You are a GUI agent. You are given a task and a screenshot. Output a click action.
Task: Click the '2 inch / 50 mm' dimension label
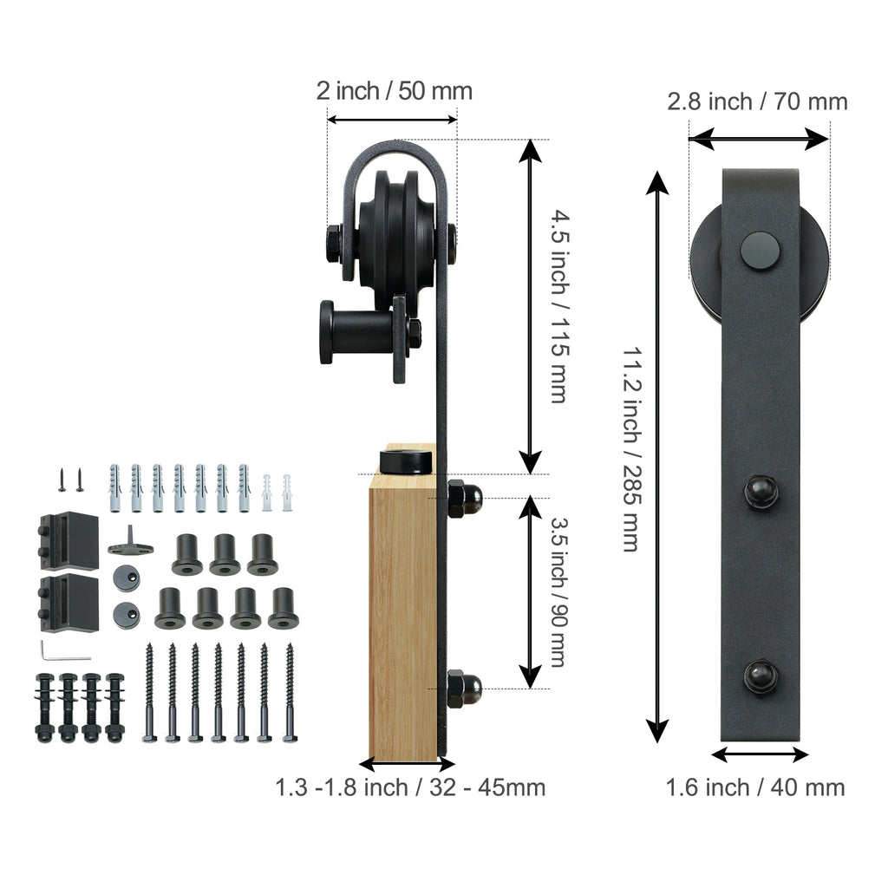[395, 91]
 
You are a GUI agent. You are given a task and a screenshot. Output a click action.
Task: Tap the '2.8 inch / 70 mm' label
[757, 102]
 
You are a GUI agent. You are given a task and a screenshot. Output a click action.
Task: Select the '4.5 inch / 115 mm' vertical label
[559, 306]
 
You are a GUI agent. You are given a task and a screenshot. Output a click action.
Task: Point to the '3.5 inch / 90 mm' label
[558, 592]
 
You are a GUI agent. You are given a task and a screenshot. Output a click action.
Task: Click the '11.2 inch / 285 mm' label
[631, 449]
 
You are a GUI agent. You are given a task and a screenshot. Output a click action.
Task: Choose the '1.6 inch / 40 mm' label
[755, 787]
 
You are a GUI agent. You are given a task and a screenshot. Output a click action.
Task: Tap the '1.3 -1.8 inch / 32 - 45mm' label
[410, 787]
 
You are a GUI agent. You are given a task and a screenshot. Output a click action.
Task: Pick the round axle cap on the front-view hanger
[760, 251]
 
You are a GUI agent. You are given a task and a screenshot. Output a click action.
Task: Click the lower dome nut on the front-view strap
[760, 676]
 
